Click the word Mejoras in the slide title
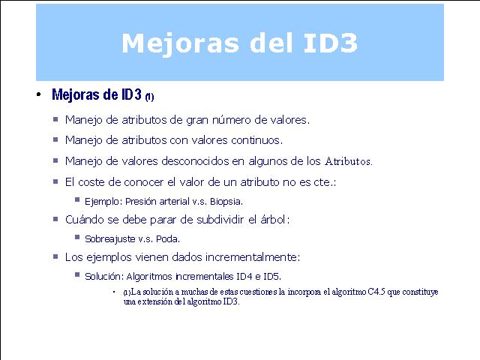(x=180, y=44)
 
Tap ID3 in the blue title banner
(x=331, y=43)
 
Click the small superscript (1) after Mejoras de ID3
(x=149, y=97)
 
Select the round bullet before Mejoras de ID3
(x=38, y=94)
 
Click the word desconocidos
(x=195, y=161)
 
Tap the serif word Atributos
(x=348, y=161)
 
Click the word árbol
(x=274, y=220)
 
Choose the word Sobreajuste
(x=110, y=238)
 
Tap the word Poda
(x=168, y=238)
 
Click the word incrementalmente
(x=252, y=257)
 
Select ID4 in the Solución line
(x=244, y=277)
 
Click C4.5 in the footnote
(x=376, y=292)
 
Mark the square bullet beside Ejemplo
(x=77, y=200)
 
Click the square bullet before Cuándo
(x=55, y=219)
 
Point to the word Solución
(x=104, y=277)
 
